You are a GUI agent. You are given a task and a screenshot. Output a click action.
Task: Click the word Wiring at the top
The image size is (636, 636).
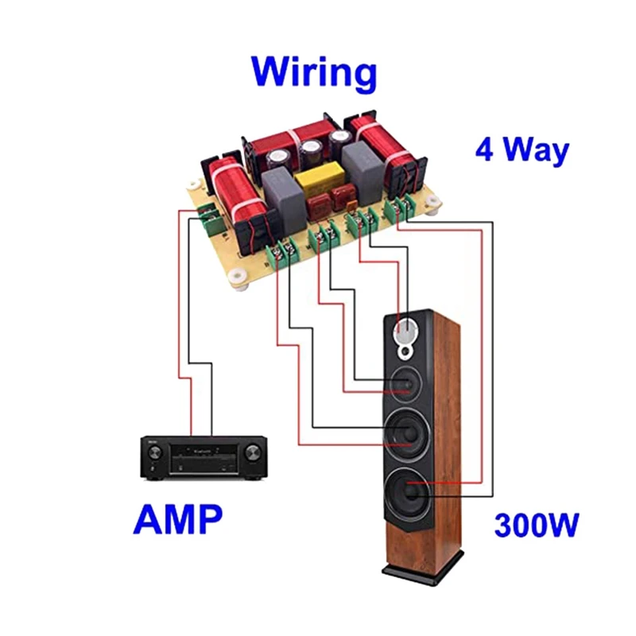click(x=314, y=72)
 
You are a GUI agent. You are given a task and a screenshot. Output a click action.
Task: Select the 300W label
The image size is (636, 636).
click(x=537, y=525)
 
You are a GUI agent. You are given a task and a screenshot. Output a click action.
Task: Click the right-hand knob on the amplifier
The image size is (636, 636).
click(x=251, y=452)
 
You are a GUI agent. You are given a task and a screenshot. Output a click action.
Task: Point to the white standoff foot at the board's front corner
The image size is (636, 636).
click(x=237, y=279)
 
